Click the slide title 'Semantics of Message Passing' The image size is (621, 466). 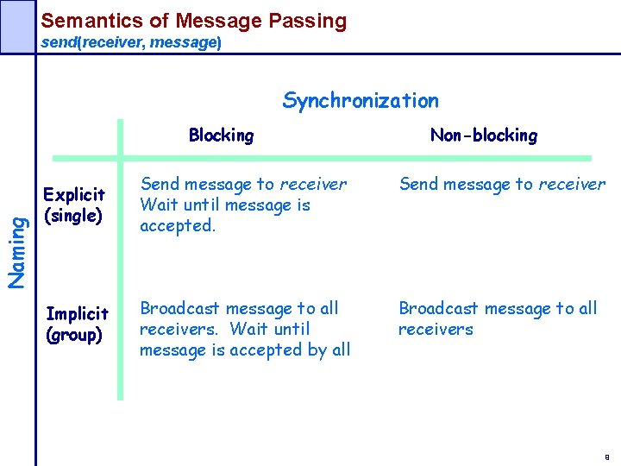(x=194, y=21)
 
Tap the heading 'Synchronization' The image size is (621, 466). (x=361, y=101)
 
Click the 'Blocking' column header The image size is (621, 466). (x=221, y=135)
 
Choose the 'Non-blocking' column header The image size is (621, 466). (x=483, y=135)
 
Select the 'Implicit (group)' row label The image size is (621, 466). (x=76, y=324)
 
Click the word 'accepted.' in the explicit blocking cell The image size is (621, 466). (x=177, y=226)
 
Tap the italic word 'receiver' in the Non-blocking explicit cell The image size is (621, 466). (x=572, y=184)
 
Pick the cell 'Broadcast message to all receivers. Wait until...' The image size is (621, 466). (x=244, y=329)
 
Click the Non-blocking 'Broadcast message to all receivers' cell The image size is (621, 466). (x=497, y=318)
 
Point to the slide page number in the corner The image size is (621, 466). (x=607, y=457)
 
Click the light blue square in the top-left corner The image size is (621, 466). (x=16, y=26)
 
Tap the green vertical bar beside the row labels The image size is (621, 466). (x=120, y=259)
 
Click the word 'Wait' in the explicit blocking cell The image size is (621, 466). (x=158, y=205)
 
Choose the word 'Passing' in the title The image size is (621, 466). (x=307, y=21)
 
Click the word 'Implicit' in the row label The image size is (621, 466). (x=77, y=313)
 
